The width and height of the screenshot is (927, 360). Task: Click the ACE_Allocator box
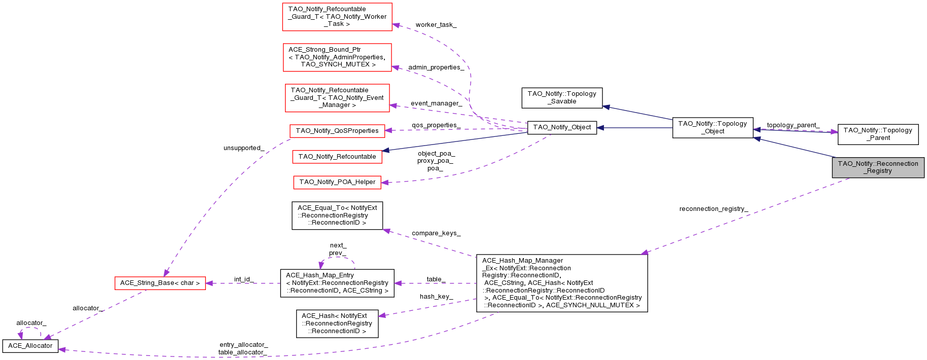pos(30,346)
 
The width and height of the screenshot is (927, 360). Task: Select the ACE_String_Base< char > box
pos(160,283)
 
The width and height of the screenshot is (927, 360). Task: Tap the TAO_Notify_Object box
pos(562,127)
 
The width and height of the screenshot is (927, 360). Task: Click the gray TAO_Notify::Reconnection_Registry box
pos(878,167)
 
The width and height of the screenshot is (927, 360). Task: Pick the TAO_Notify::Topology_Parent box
pos(878,134)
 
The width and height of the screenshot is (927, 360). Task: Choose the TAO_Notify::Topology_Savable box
pos(562,97)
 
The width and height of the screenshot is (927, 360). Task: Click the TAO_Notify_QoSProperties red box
pos(337,131)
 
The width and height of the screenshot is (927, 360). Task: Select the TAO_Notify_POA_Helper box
pos(337,182)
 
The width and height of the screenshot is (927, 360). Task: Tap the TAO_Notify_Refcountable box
pos(337,157)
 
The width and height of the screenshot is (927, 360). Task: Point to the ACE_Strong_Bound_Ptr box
pos(337,57)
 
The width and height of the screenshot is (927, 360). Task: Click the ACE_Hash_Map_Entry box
pos(337,283)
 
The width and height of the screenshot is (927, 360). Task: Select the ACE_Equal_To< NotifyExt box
pos(337,215)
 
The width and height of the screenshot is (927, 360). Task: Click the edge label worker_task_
pos(436,25)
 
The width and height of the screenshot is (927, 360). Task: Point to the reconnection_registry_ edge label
pos(714,209)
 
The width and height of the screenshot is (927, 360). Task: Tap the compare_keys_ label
pos(436,233)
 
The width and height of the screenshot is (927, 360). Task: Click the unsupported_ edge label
pos(243,148)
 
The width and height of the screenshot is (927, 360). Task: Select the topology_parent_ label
pos(793,125)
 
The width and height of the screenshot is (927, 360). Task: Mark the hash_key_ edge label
pos(436,297)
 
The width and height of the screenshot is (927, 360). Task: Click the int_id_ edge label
pos(243,279)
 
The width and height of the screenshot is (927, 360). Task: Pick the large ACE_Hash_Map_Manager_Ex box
pos(562,283)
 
